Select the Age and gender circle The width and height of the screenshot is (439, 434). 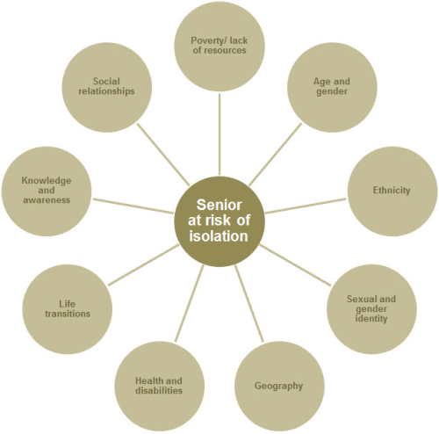pyautogui.click(x=332, y=87)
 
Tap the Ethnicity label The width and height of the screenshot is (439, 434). pyautogui.click(x=392, y=191)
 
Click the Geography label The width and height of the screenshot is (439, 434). pyautogui.click(x=278, y=386)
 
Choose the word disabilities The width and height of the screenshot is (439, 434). pyautogui.click(x=159, y=390)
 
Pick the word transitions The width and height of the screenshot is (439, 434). pyautogui.click(x=68, y=314)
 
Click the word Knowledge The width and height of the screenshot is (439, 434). pyautogui.click(x=47, y=181)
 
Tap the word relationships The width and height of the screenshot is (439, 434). pyautogui.click(x=106, y=91)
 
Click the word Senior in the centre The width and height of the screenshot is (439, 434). pyautogui.click(x=219, y=205)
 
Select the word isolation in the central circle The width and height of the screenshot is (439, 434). pyautogui.click(x=219, y=236)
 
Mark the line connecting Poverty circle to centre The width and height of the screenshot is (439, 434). pyautogui.click(x=219, y=134)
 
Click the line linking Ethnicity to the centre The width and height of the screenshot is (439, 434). pyautogui.click(x=306, y=206)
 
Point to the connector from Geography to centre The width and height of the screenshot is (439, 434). pyautogui.click(x=249, y=303)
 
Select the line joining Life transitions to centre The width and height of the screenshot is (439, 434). pyautogui.click(x=143, y=264)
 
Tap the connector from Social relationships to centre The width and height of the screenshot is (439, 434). pyautogui.click(x=163, y=155)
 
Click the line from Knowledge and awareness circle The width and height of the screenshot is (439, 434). pyautogui.click(x=133, y=206)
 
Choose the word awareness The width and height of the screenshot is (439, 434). pyautogui.click(x=47, y=200)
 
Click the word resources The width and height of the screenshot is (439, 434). pyautogui.click(x=219, y=50)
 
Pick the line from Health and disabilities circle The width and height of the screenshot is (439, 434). pyautogui.click(x=190, y=303)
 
